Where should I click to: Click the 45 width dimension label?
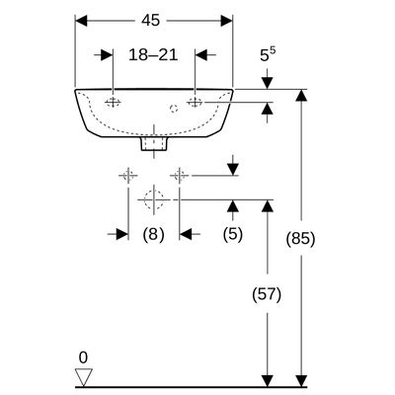[x=151, y=21]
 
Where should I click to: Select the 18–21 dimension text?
[x=153, y=54]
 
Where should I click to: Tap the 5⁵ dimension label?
[x=268, y=54]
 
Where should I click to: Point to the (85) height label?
[x=300, y=238]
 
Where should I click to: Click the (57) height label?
[x=267, y=294]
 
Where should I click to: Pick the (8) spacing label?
[x=153, y=235]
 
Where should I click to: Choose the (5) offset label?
[x=233, y=235]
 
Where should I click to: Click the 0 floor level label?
[x=83, y=357]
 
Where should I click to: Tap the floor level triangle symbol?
[x=84, y=377]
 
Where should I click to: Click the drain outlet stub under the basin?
[x=154, y=144]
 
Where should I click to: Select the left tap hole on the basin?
[x=113, y=103]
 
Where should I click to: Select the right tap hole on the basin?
[x=195, y=103]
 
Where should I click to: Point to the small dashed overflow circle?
[x=174, y=108]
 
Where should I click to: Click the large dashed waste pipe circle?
[x=154, y=199]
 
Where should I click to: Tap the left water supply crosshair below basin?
[x=127, y=175]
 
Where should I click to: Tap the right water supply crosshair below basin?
[x=179, y=175]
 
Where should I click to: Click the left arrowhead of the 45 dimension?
[x=82, y=21]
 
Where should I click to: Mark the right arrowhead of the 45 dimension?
[x=227, y=21]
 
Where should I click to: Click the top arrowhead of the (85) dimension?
[x=300, y=96]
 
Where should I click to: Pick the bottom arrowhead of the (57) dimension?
[x=268, y=380]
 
